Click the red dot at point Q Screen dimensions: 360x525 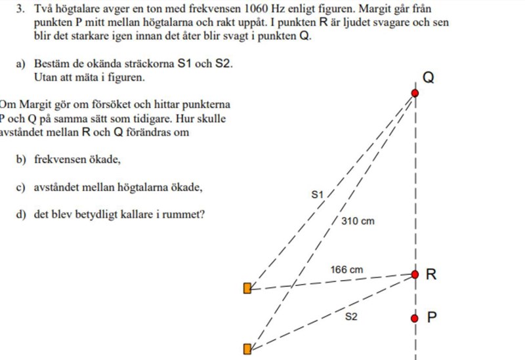[x=415, y=93]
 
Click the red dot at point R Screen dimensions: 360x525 [x=415, y=274]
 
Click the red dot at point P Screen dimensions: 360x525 [x=414, y=318]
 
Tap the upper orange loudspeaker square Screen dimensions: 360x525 [x=247, y=288]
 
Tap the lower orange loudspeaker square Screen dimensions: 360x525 [x=247, y=349]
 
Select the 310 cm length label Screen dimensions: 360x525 [x=358, y=221]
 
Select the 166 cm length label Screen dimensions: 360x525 [x=346, y=270]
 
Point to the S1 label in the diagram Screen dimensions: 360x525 [x=318, y=194]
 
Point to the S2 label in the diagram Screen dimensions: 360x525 [x=351, y=317]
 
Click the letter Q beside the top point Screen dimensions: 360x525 [x=428, y=78]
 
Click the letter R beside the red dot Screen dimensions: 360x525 [x=431, y=274]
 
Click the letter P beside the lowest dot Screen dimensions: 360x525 [x=432, y=317]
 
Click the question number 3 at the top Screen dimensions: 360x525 [x=21, y=9]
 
